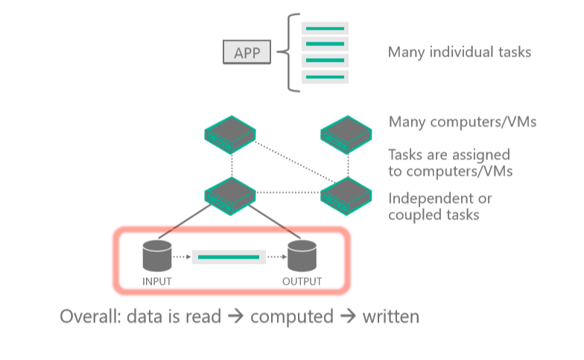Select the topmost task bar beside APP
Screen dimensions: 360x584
(324, 28)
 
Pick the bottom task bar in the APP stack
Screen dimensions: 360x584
(324, 78)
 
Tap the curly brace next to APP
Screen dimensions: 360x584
(291, 53)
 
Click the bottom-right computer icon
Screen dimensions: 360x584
(346, 194)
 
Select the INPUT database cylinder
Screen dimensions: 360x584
(157, 256)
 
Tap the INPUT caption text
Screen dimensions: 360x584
(157, 282)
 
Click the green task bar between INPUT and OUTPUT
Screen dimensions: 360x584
(229, 257)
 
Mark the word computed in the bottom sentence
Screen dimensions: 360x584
(291, 317)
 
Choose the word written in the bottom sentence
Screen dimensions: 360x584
(390, 317)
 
